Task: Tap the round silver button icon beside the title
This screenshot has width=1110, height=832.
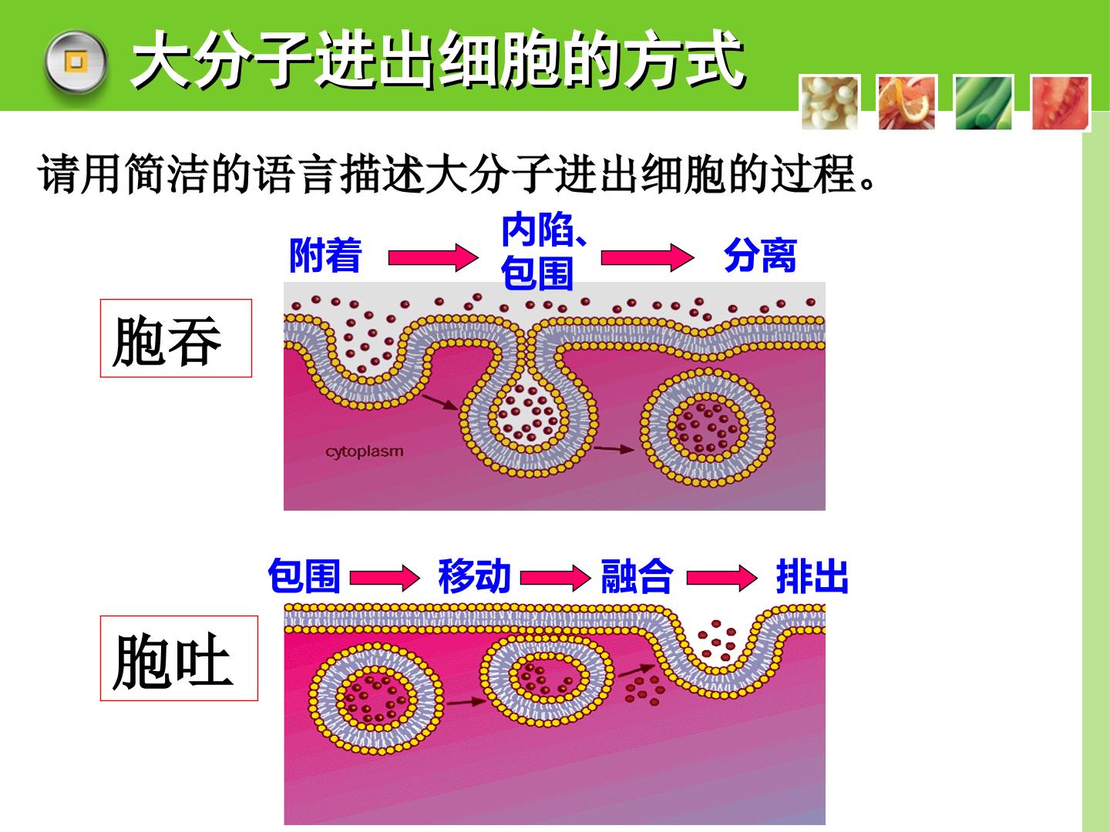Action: (76, 62)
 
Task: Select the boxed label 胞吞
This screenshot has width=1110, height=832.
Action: (176, 338)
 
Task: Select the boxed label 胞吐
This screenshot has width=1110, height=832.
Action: (179, 658)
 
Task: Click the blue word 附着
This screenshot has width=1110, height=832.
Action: (325, 256)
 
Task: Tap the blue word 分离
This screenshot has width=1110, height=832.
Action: (761, 256)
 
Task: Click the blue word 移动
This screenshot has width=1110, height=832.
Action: (474, 576)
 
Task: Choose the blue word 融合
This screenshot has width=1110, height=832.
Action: (637, 576)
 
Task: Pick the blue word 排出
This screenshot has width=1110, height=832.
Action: (812, 576)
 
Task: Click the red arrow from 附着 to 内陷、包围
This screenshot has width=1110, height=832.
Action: (433, 257)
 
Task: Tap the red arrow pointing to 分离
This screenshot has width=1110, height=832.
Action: (647, 257)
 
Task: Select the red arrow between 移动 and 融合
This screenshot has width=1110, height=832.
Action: (555, 578)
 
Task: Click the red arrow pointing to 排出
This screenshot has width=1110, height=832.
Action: (721, 578)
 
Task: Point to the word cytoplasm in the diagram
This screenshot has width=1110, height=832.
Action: (364, 451)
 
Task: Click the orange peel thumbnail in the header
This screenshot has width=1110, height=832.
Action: (906, 103)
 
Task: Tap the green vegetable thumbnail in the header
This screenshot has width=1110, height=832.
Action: (984, 103)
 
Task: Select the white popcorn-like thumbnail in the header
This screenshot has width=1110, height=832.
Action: (830, 103)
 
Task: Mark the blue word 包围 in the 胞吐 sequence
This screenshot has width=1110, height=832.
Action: (304, 576)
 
